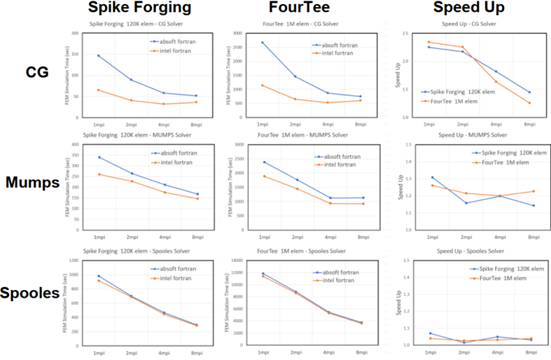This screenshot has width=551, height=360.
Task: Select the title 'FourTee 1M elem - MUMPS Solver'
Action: (303, 134)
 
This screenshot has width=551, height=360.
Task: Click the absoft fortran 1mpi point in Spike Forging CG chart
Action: (99, 55)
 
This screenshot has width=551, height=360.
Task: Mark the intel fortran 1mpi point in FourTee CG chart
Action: (262, 85)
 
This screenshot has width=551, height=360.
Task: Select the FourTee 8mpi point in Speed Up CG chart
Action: (529, 103)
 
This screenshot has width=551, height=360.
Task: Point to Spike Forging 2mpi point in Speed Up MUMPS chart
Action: (466, 203)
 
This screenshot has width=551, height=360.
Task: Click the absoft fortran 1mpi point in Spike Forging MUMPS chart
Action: (99, 158)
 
